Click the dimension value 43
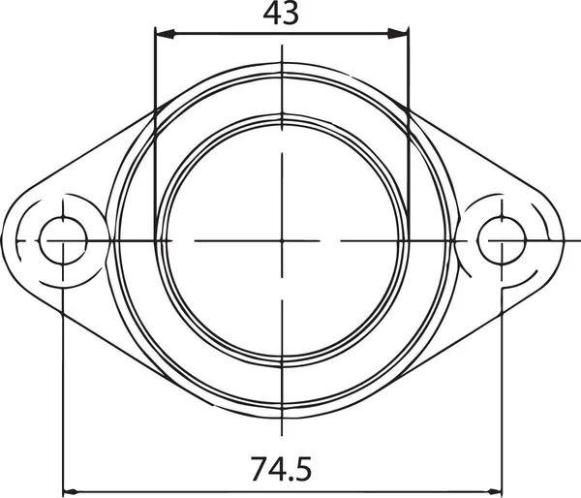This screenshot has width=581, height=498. [x=281, y=14]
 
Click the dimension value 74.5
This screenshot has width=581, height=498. [x=281, y=470]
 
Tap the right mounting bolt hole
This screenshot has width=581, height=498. [x=502, y=239]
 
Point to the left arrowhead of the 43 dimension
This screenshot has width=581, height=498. [x=165, y=34]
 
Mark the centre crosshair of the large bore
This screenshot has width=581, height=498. [x=282, y=239]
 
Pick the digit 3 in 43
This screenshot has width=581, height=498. [x=291, y=14]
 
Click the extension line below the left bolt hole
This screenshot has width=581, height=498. [x=63, y=388]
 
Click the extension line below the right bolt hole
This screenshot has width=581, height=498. [x=503, y=388]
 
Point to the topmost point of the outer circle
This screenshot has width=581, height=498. [x=282, y=64]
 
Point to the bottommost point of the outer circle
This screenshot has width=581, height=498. [x=282, y=417]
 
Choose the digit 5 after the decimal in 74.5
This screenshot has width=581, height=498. [x=303, y=470]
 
